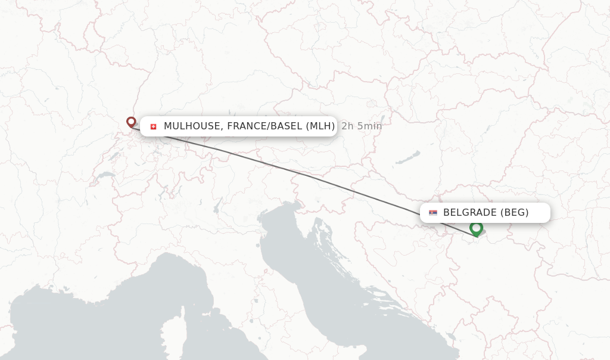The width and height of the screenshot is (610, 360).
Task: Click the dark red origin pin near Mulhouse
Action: [x=131, y=122]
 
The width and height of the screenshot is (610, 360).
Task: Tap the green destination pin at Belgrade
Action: [x=475, y=228]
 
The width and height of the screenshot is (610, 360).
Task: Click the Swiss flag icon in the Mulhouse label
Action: [x=153, y=126]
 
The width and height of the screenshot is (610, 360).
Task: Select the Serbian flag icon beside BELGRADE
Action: [x=432, y=213]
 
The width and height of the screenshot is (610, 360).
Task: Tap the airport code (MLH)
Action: [x=320, y=126]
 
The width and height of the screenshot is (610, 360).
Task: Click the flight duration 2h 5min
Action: [x=362, y=126]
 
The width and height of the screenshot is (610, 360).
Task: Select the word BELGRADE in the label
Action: [x=470, y=213]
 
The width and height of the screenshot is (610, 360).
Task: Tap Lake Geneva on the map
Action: [x=106, y=176]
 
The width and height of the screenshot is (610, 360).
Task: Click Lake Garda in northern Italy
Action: [x=218, y=206]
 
